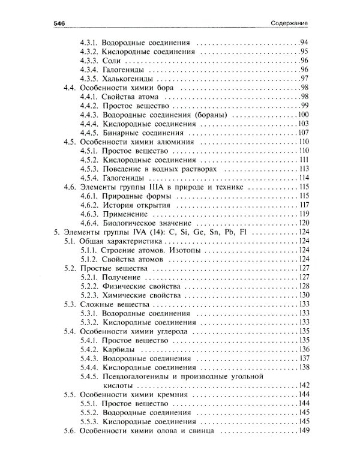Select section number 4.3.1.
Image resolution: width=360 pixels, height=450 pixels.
coord(89,43)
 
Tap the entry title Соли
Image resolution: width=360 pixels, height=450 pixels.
coord(112,61)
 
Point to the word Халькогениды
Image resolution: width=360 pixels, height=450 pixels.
coord(127,79)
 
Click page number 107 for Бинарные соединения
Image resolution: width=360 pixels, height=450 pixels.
coord(302,133)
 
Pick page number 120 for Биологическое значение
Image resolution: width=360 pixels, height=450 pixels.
coord(302,223)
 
